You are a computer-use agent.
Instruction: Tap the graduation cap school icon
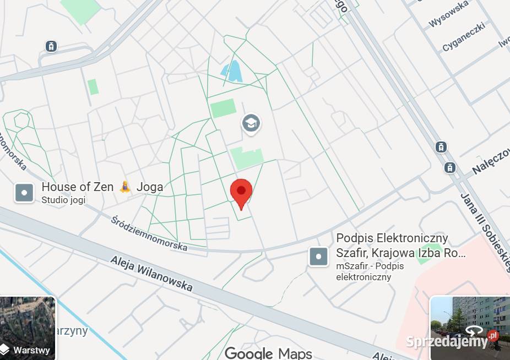[251, 123]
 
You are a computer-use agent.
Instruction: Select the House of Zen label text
[78, 187]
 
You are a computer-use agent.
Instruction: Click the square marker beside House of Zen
[24, 193]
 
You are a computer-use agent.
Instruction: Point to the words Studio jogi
[63, 200]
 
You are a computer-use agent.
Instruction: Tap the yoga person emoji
[126, 187]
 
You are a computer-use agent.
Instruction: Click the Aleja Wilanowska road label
[151, 274]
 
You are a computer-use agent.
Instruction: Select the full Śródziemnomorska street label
[149, 233]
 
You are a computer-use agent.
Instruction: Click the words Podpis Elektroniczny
[392, 239]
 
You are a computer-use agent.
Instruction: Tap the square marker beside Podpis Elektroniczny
[318, 257]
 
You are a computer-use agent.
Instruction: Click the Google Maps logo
[268, 353]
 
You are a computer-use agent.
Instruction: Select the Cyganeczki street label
[463, 37]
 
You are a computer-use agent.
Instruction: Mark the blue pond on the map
[232, 72]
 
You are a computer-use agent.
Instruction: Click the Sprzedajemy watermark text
[447, 341]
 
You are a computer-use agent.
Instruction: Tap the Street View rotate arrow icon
[474, 331]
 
